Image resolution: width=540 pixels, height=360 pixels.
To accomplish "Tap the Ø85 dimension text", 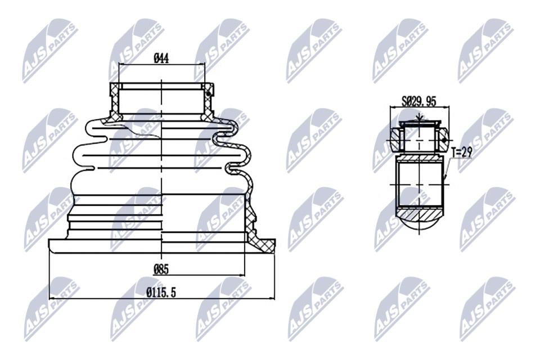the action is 161,269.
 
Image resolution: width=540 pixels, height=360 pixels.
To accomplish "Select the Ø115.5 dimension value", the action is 161,292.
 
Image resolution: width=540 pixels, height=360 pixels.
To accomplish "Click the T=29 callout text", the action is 462,152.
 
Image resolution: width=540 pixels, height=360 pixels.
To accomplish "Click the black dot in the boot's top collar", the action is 208,94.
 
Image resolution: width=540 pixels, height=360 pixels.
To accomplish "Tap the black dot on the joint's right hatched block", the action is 444,140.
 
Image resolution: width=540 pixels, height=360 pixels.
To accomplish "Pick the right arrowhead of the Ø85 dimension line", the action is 242,275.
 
